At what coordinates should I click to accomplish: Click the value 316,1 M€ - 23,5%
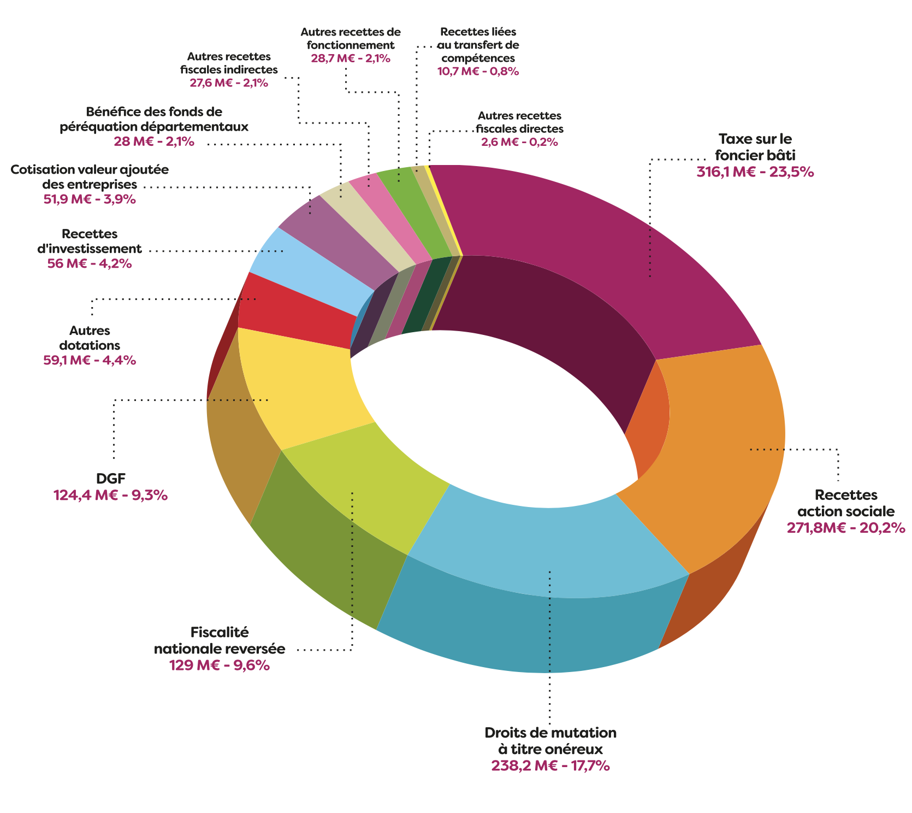[x=755, y=172]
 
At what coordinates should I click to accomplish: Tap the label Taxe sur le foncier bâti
[x=755, y=146]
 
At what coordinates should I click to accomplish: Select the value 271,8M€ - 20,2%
[x=846, y=528]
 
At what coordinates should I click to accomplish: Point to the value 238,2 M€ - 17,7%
[x=550, y=765]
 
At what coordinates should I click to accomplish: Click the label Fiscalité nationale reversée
[x=220, y=641]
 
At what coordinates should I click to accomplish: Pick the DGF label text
[x=111, y=479]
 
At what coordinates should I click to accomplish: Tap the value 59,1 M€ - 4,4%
[x=90, y=360]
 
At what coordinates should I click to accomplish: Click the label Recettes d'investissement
[x=90, y=241]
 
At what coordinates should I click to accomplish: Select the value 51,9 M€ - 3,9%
[x=90, y=199]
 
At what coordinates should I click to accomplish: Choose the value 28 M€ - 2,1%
[x=154, y=142]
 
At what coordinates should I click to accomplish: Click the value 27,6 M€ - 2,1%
[x=229, y=83]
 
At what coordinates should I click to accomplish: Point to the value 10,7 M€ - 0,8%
[x=478, y=71]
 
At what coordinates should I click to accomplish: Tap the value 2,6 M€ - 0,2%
[x=519, y=142]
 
